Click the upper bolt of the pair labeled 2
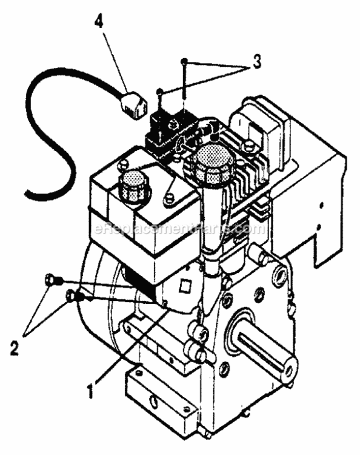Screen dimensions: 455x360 pyautogui.click(x=50, y=280)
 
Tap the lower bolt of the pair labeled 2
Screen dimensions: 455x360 pyautogui.click(x=72, y=295)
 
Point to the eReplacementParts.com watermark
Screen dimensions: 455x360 pyautogui.click(x=180, y=229)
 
